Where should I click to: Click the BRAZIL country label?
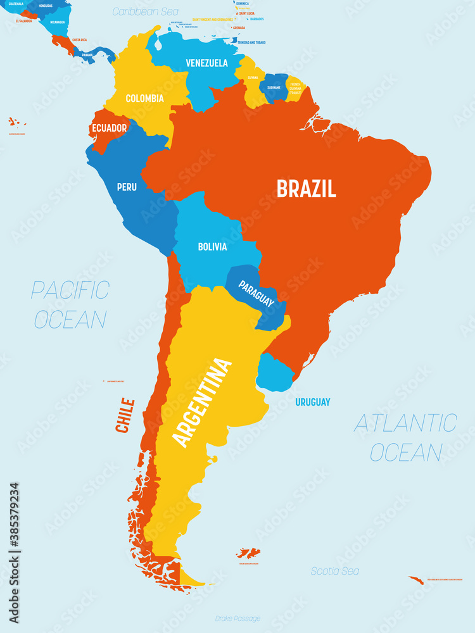coord(305,188)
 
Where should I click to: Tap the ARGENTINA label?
coord(203,403)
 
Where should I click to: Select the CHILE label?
coord(125,415)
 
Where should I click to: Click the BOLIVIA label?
coord(212,246)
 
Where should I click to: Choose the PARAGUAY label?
coord(256,294)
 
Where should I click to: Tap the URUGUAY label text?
coord(312,402)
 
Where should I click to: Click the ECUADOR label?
coord(109,128)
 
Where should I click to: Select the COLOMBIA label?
coord(144,98)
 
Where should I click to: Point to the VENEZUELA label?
coord(206,63)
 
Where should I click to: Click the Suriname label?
coord(274,87)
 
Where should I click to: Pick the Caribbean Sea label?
coord(145,11)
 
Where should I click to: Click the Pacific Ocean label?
coord(70,304)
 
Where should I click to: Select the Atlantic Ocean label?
coord(405,437)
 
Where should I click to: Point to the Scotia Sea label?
coord(335,571)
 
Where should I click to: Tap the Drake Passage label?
coord(237,618)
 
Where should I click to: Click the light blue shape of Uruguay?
coord(274,373)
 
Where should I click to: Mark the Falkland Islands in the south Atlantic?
coord(248,553)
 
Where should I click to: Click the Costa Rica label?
coord(79,40)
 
